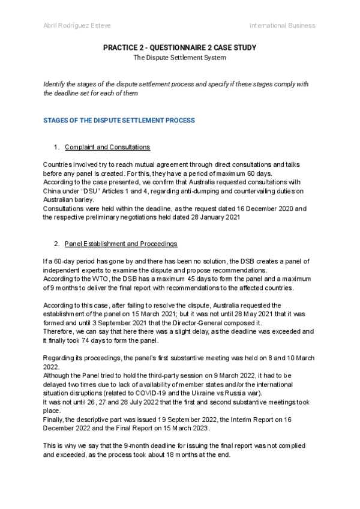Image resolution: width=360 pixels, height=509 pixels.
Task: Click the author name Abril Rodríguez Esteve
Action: point(77,25)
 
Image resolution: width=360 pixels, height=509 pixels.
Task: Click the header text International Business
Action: point(282,25)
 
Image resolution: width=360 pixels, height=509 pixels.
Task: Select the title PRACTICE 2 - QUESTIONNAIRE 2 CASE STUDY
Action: point(179,47)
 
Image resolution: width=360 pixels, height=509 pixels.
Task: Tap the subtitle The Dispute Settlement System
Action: point(179,58)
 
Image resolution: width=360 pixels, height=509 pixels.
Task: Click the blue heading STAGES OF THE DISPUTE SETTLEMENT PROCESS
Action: point(119,120)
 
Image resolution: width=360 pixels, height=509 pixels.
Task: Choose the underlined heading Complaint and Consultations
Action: point(107,147)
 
